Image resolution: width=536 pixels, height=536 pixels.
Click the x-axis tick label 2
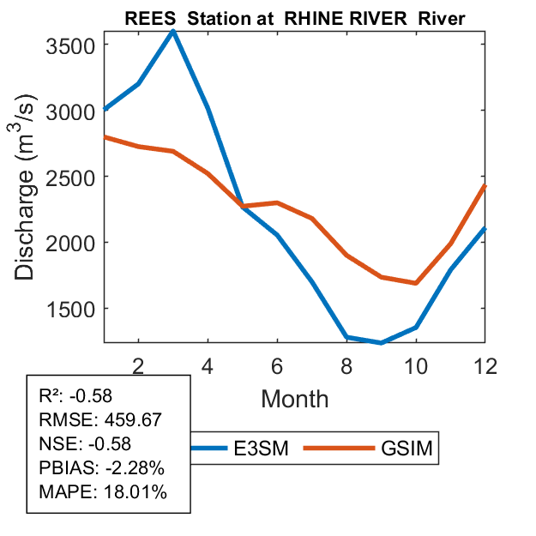(x=138, y=364)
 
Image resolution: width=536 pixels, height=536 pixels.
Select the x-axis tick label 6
(x=277, y=364)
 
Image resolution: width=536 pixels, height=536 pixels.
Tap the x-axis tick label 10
(x=416, y=364)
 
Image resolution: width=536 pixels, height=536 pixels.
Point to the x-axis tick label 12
(x=485, y=364)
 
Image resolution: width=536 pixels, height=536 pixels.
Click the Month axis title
(x=294, y=398)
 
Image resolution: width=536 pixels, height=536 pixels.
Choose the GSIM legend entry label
(x=405, y=448)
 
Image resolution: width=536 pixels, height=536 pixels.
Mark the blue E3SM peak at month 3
(x=173, y=31)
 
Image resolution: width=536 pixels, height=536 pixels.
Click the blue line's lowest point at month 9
(x=381, y=342)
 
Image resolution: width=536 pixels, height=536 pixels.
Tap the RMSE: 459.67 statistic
(x=100, y=420)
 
